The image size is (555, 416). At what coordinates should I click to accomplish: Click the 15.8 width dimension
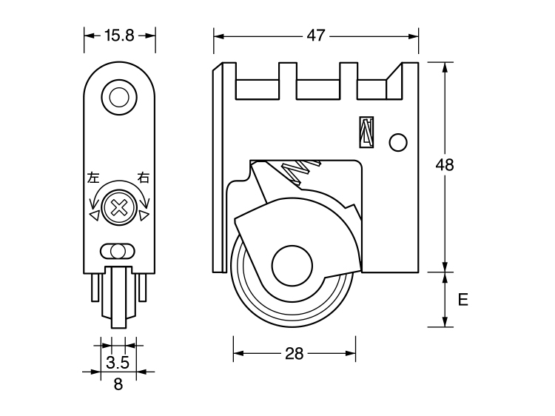[119, 34]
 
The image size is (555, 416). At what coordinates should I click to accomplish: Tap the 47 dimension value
[316, 36]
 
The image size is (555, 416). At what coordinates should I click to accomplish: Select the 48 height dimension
[444, 165]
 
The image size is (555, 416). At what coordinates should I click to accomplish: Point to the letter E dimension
[463, 300]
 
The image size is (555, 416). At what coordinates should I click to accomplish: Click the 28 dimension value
[295, 353]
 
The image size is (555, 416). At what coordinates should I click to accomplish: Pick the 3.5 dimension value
[118, 362]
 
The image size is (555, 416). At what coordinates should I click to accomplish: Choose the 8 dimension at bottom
[118, 383]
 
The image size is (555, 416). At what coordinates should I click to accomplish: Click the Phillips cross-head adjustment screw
[118, 208]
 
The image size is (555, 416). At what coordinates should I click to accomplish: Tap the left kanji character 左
[93, 178]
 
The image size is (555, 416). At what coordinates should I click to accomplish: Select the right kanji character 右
[144, 178]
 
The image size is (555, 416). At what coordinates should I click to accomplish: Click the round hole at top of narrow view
[118, 96]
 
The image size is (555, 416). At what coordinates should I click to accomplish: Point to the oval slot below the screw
[118, 249]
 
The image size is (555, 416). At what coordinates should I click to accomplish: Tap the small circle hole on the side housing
[398, 142]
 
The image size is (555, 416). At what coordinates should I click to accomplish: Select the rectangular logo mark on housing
[367, 132]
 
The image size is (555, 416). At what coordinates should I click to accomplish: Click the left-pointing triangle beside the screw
[93, 215]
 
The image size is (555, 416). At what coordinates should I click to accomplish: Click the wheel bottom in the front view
[118, 322]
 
